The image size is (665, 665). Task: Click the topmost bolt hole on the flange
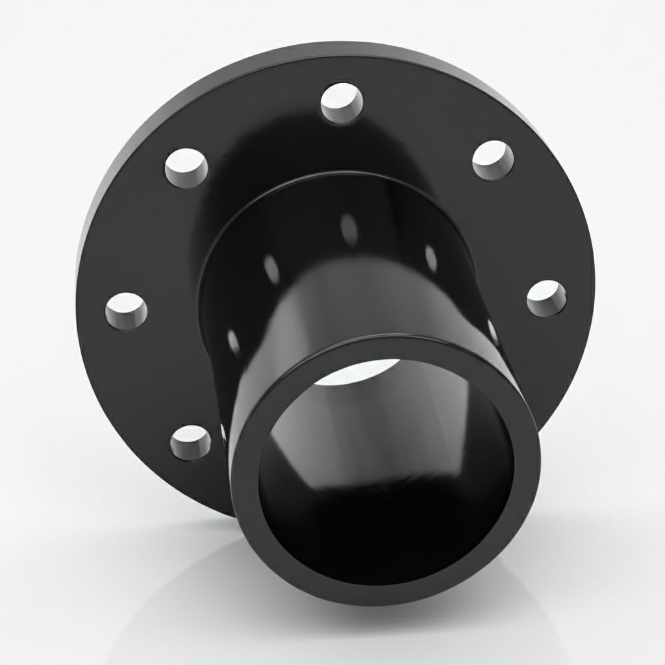click(342, 104)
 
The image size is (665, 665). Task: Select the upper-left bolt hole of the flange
click(186, 168)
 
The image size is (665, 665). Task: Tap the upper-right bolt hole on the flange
click(493, 160)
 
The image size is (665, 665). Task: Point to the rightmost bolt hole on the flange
click(546, 299)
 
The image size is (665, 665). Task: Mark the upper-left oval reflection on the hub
click(272, 268)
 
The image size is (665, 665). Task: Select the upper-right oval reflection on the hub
click(430, 256)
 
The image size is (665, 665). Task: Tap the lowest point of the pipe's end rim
click(390, 601)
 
